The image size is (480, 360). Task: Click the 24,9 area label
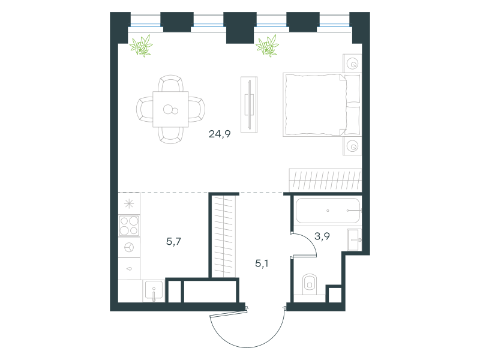pyautogui.click(x=220, y=134)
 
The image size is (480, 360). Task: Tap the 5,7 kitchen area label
pyautogui.click(x=173, y=242)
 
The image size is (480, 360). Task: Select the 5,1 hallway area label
pyautogui.click(x=262, y=263)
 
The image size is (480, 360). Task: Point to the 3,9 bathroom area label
pyautogui.click(x=322, y=236)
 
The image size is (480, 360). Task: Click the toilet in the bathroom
pyautogui.click(x=310, y=284)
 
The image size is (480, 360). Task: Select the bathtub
pyautogui.click(x=328, y=211)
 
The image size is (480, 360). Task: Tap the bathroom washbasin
pyautogui.click(x=355, y=239)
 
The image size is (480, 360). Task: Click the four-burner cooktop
pyautogui.click(x=129, y=226)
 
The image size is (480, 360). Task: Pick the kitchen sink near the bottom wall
pyautogui.click(x=154, y=291)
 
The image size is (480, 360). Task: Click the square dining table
pyautogui.click(x=170, y=109)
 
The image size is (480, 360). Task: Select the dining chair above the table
pyautogui.click(x=171, y=83)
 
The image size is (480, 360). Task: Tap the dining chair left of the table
pyautogui.click(x=145, y=109)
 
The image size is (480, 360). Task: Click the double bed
pyautogui.click(x=322, y=104)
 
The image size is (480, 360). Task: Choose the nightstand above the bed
pyautogui.click(x=352, y=64)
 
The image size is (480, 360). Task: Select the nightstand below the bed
pyautogui.click(x=352, y=146)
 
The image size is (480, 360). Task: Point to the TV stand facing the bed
pyautogui.click(x=249, y=104)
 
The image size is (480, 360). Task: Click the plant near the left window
pyautogui.click(x=141, y=46)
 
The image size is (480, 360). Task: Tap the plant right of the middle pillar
pyautogui.click(x=268, y=46)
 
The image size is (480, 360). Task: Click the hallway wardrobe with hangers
pyautogui.click(x=224, y=236)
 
